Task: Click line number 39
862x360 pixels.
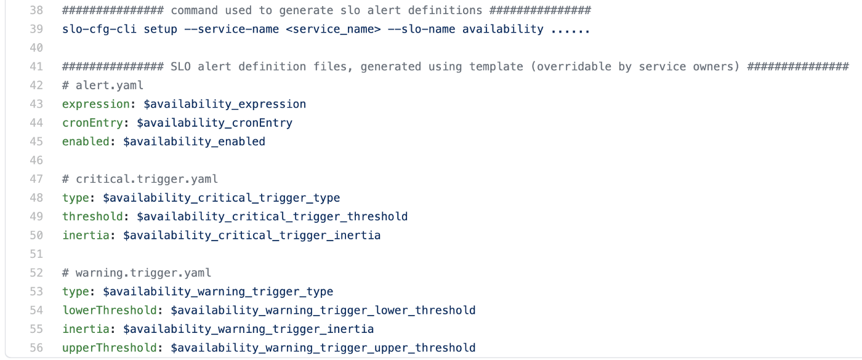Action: (x=36, y=30)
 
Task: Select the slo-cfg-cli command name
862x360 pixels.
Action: (x=99, y=30)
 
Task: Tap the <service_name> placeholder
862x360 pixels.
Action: (x=333, y=30)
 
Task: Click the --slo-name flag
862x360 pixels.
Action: (x=421, y=30)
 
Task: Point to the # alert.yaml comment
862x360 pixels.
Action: (x=103, y=86)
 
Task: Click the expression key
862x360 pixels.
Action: (x=96, y=104)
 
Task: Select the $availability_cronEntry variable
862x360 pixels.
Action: (x=214, y=123)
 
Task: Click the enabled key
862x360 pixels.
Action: (x=86, y=142)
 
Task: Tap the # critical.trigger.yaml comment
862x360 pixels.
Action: (x=140, y=179)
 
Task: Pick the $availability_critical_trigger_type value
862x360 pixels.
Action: (x=221, y=198)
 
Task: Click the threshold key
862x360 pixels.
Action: (x=92, y=217)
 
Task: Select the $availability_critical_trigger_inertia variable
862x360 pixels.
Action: (x=252, y=235)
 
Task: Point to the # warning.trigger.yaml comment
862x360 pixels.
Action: (x=137, y=273)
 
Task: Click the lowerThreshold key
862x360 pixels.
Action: (x=110, y=310)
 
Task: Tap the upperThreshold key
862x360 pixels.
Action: (x=110, y=348)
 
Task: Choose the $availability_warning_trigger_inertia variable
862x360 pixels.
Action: (x=248, y=329)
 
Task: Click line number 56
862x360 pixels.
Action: (x=36, y=348)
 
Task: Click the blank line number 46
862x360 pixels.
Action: (x=36, y=161)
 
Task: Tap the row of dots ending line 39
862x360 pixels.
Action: (x=570, y=31)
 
